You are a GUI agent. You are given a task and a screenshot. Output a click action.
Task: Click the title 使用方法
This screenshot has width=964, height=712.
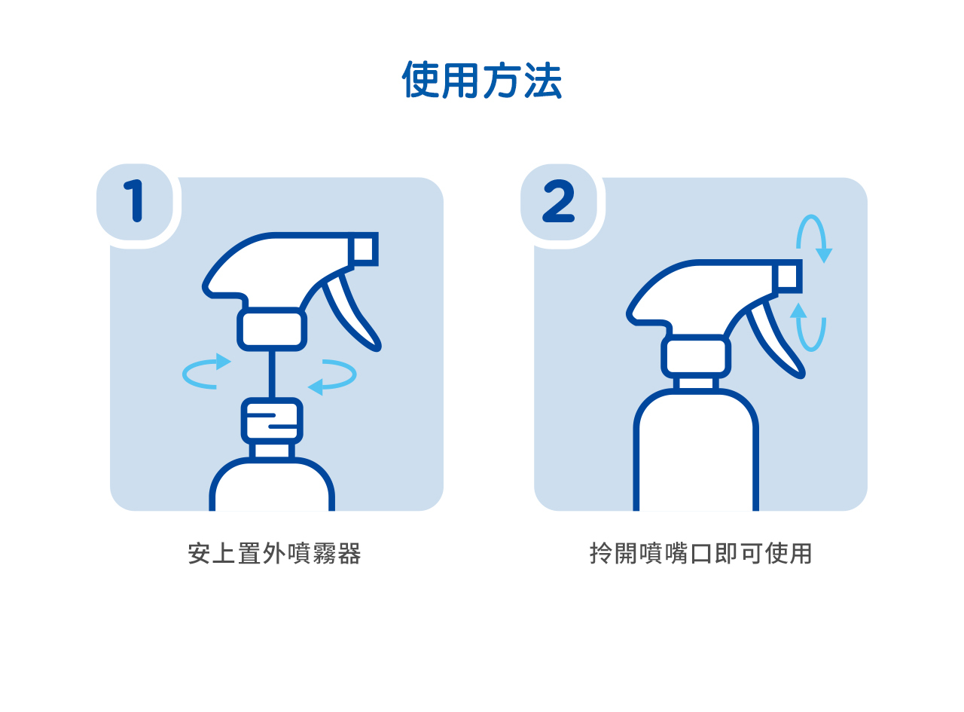click(481, 80)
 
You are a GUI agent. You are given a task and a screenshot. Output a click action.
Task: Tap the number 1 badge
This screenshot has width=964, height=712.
click(135, 201)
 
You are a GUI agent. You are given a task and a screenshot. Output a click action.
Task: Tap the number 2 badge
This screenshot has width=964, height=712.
click(559, 201)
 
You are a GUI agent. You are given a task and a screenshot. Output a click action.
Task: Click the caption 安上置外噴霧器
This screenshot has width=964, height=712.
click(274, 554)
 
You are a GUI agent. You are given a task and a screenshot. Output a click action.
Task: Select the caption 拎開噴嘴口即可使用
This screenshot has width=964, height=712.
click(700, 554)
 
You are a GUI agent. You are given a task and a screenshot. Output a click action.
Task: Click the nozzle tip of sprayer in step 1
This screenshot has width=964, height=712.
click(363, 249)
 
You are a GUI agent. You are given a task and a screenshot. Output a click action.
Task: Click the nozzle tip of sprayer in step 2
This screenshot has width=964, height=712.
click(787, 277)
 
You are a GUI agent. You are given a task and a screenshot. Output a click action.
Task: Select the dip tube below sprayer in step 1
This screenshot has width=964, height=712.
click(272, 374)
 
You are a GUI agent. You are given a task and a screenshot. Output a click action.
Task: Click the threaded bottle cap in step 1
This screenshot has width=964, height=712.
click(272, 420)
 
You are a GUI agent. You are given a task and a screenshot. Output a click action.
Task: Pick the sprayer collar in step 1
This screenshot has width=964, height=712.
click(272, 329)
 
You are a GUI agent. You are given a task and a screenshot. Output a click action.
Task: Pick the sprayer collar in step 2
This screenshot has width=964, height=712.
click(695, 356)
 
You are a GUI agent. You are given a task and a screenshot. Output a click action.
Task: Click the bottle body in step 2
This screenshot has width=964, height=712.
click(695, 452)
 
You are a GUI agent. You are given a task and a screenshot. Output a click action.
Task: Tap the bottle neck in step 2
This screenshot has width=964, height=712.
click(695, 384)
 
